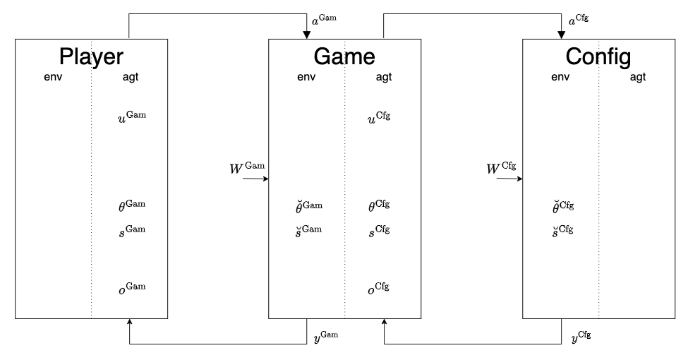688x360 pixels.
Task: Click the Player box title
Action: click(x=91, y=56)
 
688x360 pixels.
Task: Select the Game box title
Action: click(x=344, y=56)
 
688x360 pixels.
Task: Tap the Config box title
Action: click(x=598, y=56)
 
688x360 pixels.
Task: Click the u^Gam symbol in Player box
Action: click(x=132, y=116)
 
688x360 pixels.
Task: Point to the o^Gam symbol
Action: click(x=132, y=289)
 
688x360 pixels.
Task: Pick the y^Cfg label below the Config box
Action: click(x=580, y=336)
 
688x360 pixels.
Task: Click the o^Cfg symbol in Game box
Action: click(x=379, y=289)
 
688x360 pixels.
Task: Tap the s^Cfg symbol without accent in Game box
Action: click(x=379, y=231)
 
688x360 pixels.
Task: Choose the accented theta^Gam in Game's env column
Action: click(x=308, y=206)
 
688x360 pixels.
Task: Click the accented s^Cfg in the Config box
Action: click(x=562, y=231)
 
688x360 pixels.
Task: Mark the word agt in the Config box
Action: click(x=637, y=77)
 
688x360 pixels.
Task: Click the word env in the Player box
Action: click(x=53, y=77)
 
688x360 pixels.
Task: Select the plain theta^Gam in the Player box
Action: click(x=132, y=206)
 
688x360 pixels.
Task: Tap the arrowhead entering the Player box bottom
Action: click(x=129, y=323)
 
